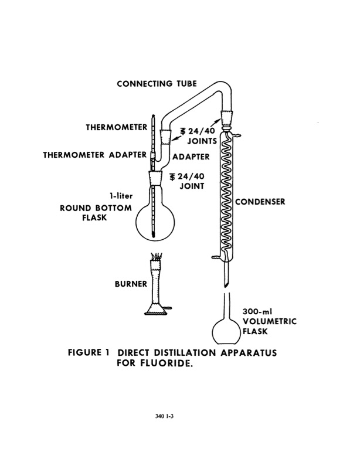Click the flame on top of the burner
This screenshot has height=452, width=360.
[x=157, y=257]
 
